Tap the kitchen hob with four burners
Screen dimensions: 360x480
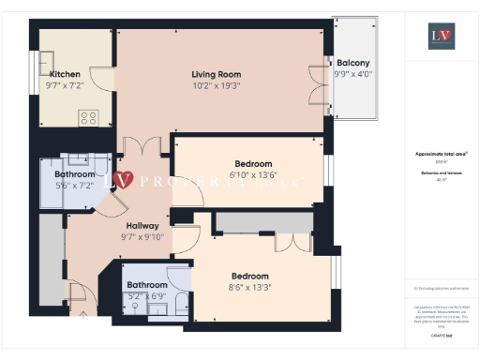tap(89, 118)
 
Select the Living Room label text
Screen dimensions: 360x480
tap(217, 74)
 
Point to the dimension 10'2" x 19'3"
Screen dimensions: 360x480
tap(217, 85)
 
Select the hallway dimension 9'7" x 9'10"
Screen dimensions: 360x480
tap(142, 237)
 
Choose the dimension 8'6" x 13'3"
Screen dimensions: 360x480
tap(250, 288)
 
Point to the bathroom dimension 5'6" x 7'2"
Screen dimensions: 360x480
tap(74, 186)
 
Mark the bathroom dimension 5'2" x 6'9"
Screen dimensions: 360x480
tap(147, 296)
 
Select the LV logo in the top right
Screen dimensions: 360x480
tap(442, 36)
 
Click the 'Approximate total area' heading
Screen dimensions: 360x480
tap(441, 154)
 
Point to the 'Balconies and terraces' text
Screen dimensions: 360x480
tap(441, 173)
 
